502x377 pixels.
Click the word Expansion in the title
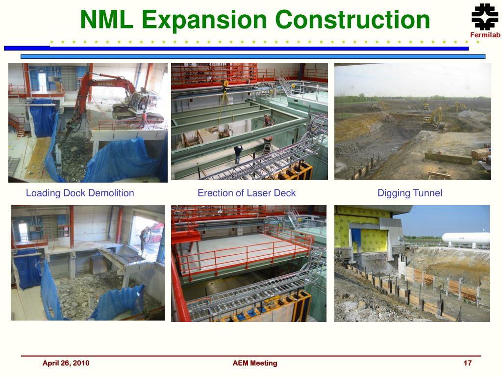(x=204, y=20)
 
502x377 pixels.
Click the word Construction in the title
(x=352, y=20)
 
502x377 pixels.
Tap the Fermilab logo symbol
(x=485, y=17)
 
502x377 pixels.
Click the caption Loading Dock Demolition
(x=80, y=193)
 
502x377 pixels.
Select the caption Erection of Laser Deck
(x=247, y=193)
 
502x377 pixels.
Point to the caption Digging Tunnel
(x=410, y=193)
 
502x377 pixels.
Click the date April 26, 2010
(x=66, y=363)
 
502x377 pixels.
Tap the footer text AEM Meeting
(x=255, y=363)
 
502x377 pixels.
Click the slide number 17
(x=467, y=363)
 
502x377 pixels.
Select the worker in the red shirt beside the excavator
(x=144, y=119)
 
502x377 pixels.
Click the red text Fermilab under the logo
(x=485, y=35)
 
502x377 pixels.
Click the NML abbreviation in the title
(x=106, y=20)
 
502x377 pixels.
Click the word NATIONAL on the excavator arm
(x=106, y=84)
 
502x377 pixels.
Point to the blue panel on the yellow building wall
(x=356, y=239)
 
